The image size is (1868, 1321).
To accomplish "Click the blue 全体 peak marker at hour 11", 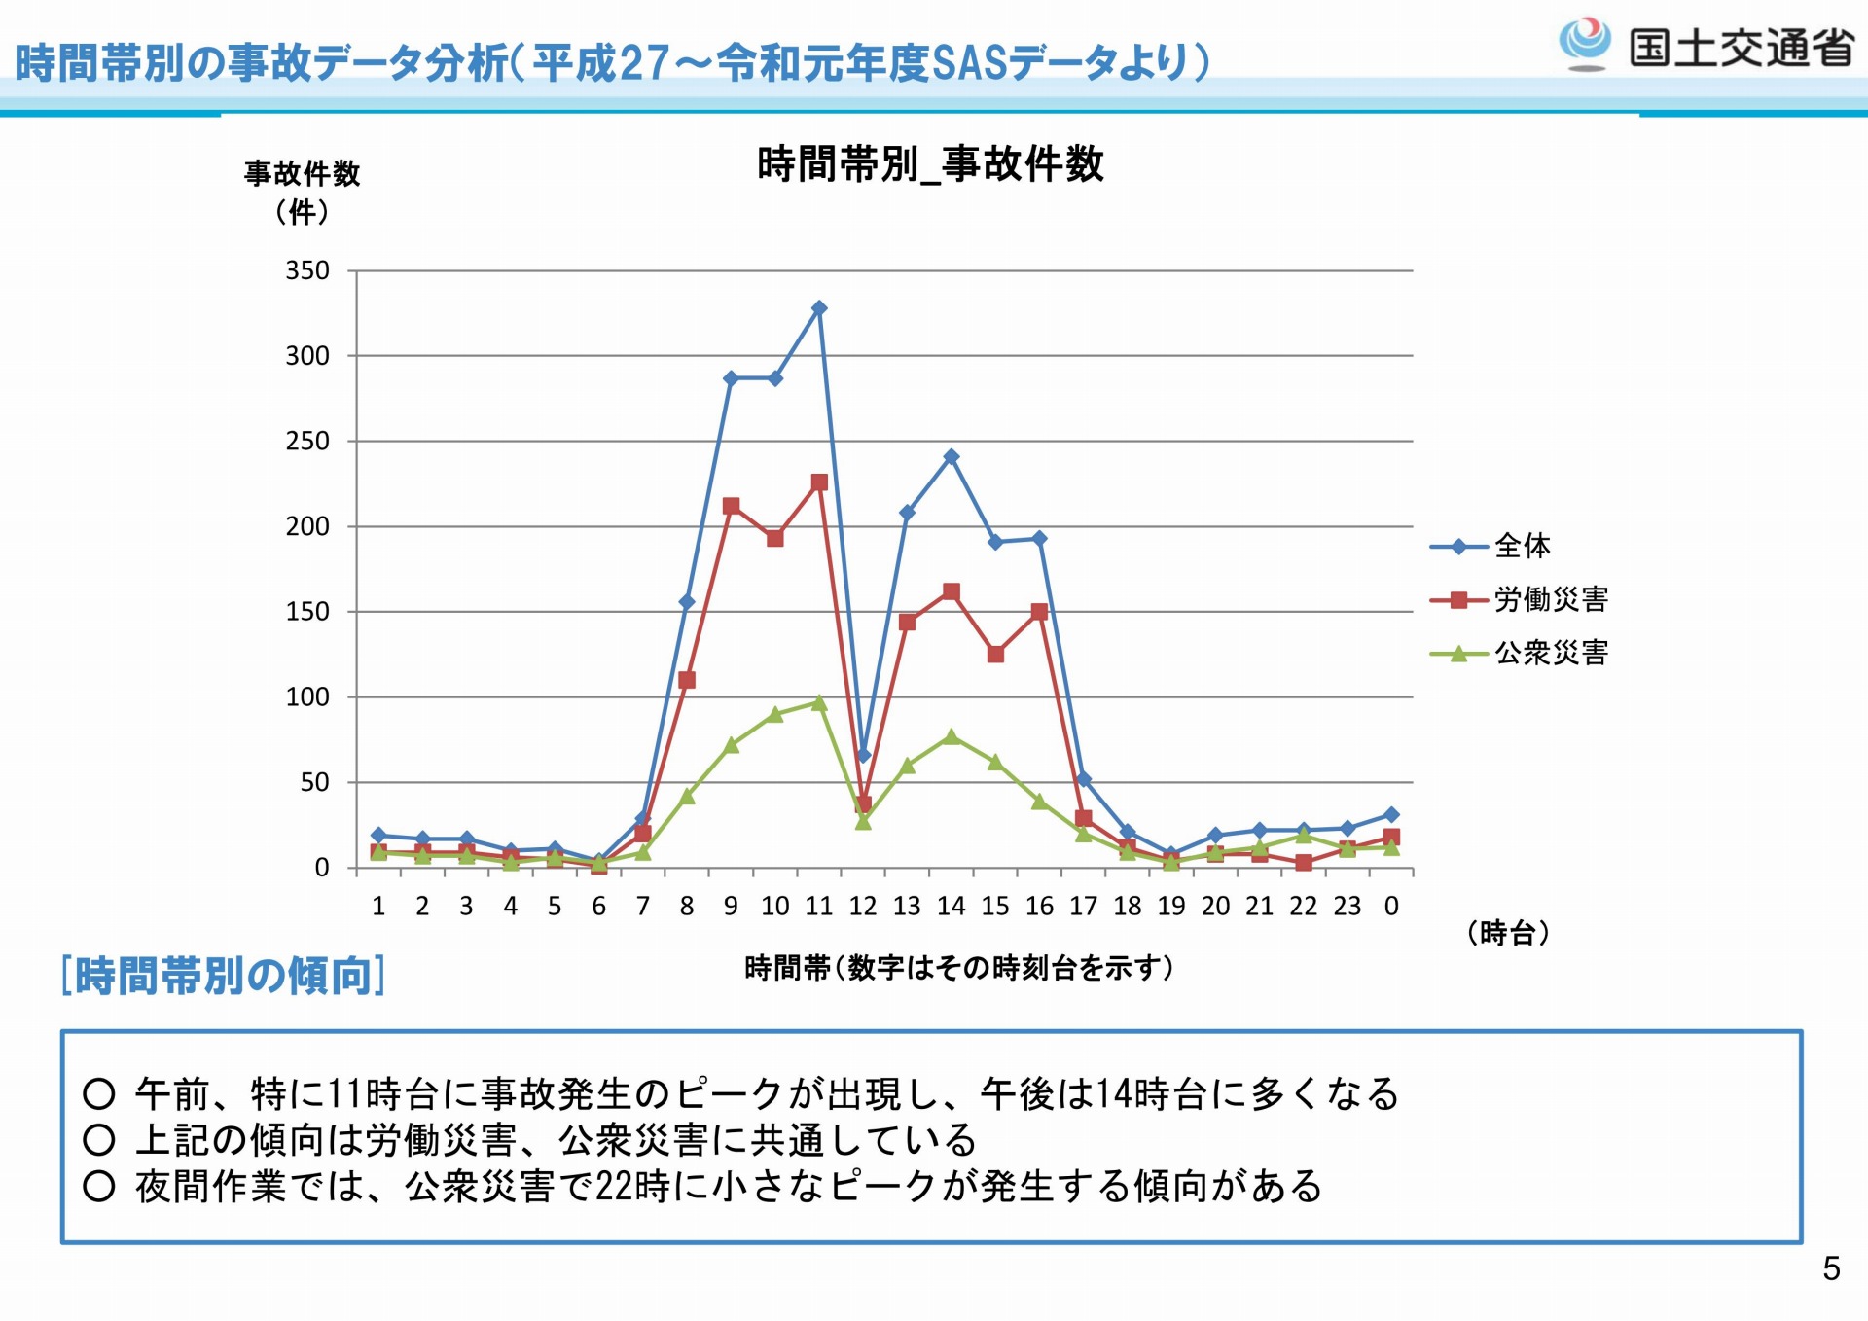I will coord(819,308).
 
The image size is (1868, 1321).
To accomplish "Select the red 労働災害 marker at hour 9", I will coord(732,506).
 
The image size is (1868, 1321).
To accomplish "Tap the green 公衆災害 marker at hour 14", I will coord(952,736).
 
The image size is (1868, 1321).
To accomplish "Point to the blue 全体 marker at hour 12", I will coord(863,755).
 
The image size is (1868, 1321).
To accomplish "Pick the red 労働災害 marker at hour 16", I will coord(1039,612).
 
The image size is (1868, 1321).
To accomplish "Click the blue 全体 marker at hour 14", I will coord(952,456).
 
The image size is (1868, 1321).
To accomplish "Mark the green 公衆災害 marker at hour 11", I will coord(819,702).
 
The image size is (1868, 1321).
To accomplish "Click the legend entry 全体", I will coord(1522,546).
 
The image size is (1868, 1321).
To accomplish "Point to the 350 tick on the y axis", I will coord(307,270).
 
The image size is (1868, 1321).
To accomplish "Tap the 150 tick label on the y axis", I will coord(307,612).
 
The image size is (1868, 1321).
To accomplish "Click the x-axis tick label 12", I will coord(863,907).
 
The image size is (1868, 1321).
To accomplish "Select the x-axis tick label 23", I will coord(1347,907).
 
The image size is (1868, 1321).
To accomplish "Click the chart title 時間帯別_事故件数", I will coord(930,163).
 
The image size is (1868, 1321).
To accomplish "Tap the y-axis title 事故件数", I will coord(303,174).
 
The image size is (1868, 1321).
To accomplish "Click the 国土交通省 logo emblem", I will coord(1585,44).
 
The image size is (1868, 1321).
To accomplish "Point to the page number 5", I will coord(1831,1268).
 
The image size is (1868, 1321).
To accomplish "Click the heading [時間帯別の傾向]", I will coord(223,976).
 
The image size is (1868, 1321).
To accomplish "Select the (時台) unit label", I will coord(1507,933).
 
